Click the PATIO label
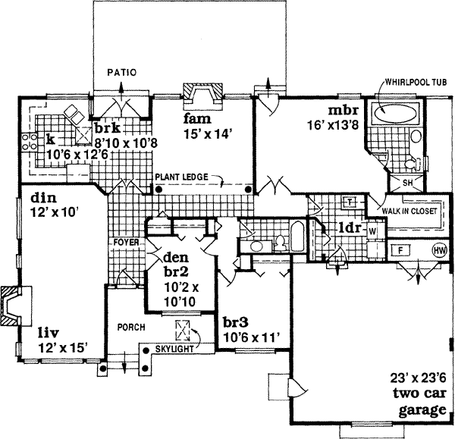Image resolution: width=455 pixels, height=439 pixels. coord(121,74)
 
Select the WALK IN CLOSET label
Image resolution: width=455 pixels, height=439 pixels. coord(410,212)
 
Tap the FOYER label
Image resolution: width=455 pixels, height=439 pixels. coord(126,243)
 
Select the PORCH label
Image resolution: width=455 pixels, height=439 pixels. coord(130,328)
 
